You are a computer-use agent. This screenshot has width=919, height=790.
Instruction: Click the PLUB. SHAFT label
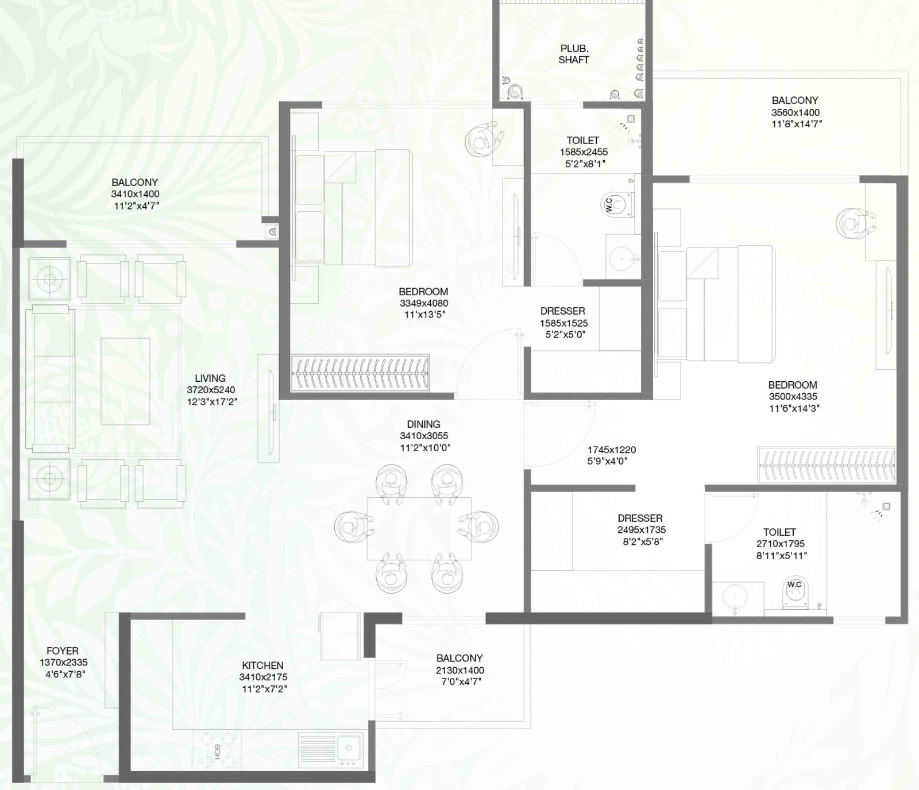(574, 54)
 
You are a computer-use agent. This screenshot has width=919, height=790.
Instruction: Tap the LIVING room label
(210, 378)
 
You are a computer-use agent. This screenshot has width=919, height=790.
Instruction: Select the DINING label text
(423, 424)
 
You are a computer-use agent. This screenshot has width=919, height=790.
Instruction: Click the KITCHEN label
(262, 665)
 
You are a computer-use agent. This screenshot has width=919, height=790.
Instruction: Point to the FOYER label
(63, 651)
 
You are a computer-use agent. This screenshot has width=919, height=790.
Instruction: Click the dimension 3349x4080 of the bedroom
(424, 303)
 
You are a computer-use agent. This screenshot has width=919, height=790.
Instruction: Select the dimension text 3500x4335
(793, 397)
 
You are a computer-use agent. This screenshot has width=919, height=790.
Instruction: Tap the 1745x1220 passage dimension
(611, 450)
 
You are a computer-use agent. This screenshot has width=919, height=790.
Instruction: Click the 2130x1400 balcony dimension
(459, 670)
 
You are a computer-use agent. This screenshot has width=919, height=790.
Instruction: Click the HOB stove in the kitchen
(217, 749)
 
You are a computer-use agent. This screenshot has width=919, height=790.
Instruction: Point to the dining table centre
(419, 528)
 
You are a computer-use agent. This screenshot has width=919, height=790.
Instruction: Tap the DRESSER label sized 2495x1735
(640, 518)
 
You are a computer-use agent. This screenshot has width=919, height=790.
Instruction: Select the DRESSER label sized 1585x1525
(563, 311)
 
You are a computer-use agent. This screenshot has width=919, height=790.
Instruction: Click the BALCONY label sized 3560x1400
(795, 100)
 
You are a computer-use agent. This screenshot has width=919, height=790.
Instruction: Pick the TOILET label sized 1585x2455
(583, 141)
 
